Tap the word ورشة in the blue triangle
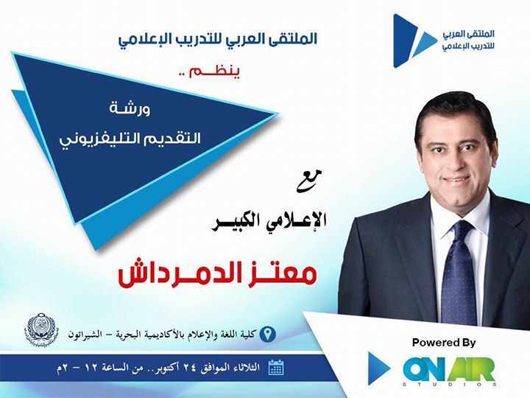pyautogui.click(x=130, y=109)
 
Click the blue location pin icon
pyautogui.click(x=268, y=334)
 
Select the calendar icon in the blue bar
pyautogui.click(x=276, y=368)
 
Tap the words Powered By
pyautogui.click(x=444, y=343)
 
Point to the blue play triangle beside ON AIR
pyautogui.click(x=378, y=369)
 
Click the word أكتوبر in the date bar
pyautogui.click(x=168, y=367)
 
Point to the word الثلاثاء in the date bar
pyautogui.click(x=245, y=367)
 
